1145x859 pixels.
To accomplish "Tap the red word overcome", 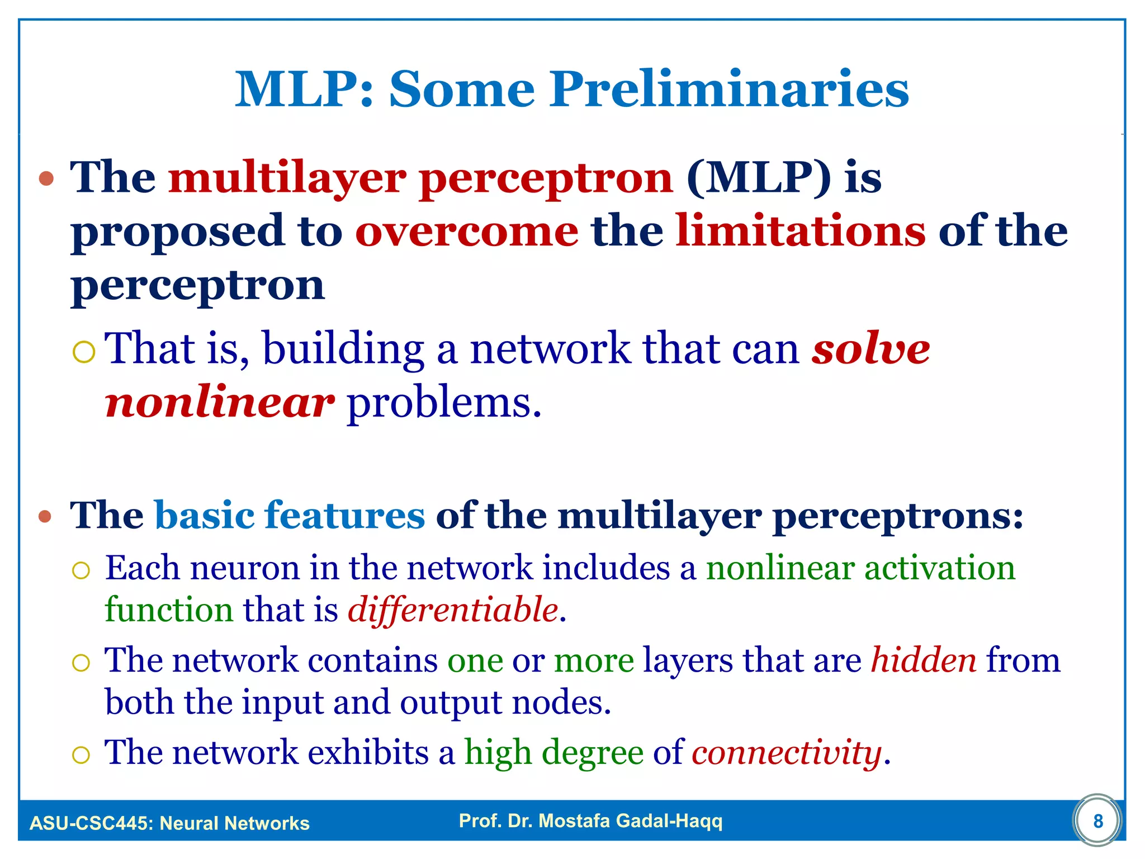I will click(467, 232).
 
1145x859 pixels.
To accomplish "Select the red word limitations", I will click(800, 232).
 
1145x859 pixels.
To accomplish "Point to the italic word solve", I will click(870, 349).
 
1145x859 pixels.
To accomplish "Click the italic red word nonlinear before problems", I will click(220, 403).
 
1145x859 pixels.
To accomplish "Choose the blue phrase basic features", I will click(290, 515).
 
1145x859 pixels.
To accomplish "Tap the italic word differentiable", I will click(453, 610).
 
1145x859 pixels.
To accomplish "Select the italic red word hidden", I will click(924, 660).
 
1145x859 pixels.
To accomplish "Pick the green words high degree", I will click(554, 752).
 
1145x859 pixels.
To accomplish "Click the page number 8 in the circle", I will click(1098, 821).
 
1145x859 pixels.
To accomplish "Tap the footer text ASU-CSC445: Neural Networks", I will click(169, 823).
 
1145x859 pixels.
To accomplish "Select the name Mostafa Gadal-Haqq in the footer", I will click(630, 820).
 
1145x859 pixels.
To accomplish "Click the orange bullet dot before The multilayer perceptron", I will click(46, 179).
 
